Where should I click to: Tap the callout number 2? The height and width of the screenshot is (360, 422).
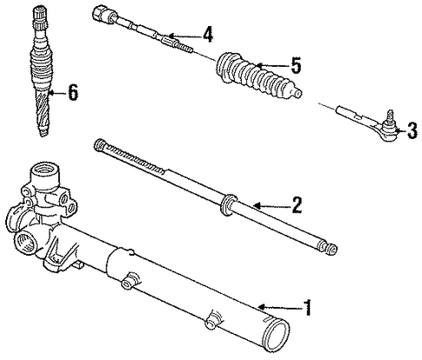coord(296,204)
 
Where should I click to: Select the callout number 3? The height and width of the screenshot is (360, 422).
coord(412,130)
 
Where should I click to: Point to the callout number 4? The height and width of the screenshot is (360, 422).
coord(207,35)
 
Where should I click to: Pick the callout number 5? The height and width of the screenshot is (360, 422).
coord(295,64)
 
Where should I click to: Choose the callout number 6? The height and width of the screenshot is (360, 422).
coord(73,92)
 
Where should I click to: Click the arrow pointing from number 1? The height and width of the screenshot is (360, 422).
coord(279,307)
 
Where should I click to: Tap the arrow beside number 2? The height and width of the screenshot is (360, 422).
coord(271,205)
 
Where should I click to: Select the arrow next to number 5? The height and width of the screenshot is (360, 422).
coord(272,66)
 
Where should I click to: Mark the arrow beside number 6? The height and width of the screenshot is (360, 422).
coord(57,93)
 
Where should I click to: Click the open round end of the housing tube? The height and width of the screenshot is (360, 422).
coord(277,332)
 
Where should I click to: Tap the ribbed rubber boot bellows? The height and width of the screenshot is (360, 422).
coord(256,75)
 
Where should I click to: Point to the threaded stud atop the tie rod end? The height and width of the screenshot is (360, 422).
coord(391,115)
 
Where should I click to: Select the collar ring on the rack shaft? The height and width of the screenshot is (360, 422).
coord(227,204)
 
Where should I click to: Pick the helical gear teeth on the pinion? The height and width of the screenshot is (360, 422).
coord(43,114)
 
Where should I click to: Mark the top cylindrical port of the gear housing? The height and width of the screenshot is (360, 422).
coord(45,176)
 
